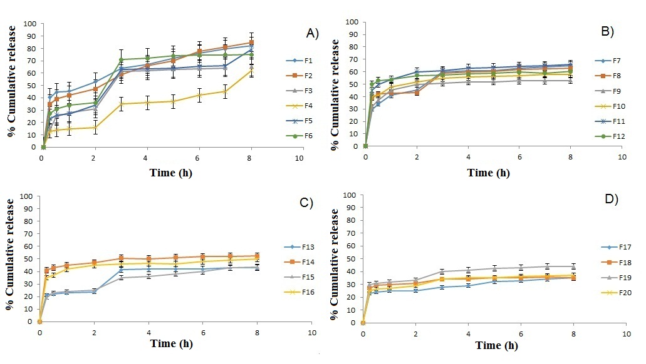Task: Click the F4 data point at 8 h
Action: (x=251, y=70)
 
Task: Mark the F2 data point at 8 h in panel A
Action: (x=251, y=43)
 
